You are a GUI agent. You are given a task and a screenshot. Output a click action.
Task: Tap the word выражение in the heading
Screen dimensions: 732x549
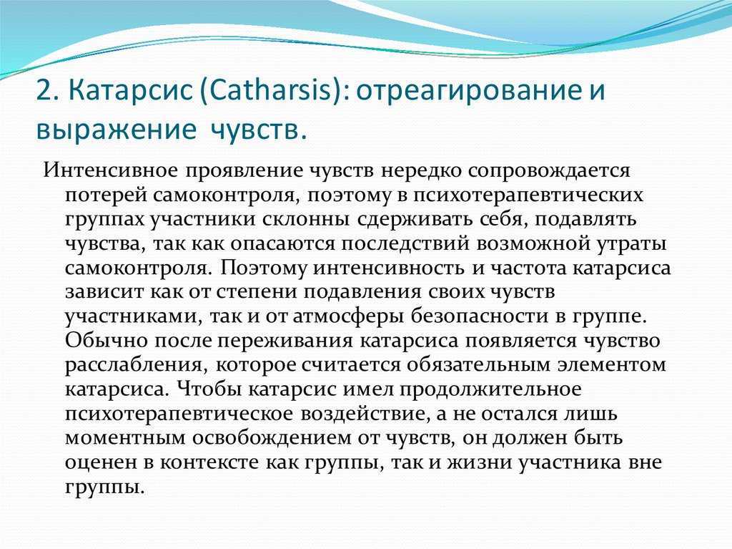(x=117, y=130)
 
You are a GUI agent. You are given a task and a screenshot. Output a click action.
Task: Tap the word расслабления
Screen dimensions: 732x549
(x=136, y=366)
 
